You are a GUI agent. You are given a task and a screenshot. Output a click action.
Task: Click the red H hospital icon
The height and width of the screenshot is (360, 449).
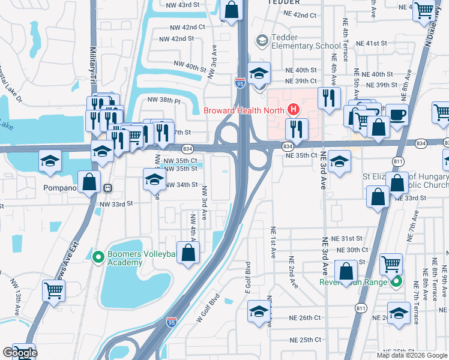(294, 109)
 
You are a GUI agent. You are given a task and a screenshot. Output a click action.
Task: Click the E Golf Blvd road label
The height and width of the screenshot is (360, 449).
(247, 277)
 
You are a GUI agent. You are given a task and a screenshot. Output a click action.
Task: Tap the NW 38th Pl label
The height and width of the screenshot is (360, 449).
(165, 101)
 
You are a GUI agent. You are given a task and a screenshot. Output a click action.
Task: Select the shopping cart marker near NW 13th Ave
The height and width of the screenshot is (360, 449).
(54, 290)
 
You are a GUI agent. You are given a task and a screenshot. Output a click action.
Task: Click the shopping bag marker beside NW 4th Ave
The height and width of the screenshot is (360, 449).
(188, 252)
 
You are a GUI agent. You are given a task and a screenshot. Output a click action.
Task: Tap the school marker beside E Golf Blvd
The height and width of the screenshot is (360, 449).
(259, 311)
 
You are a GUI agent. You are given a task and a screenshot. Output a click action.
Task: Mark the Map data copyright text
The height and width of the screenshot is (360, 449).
(412, 355)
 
